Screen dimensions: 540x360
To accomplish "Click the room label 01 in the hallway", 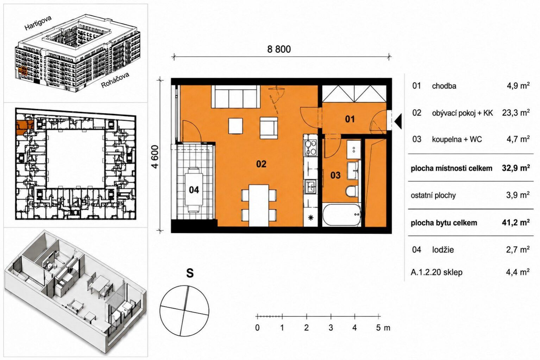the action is tap(350, 119).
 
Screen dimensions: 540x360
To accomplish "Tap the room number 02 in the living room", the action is tap(261, 164).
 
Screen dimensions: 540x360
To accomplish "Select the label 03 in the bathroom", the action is tap(335, 175).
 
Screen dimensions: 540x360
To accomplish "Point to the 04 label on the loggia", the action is tap(194, 190).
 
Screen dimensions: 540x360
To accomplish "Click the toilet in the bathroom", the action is tap(352, 191).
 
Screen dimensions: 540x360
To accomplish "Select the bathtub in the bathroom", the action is tap(341, 215).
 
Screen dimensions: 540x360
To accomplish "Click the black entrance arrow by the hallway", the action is tap(398, 122).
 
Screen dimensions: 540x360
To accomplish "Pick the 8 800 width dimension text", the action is tap(279, 49).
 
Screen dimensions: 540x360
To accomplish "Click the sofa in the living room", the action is tap(236, 96).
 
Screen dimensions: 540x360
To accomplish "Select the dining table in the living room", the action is tap(259, 206).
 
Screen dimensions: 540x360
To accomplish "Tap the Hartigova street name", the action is tap(38, 23).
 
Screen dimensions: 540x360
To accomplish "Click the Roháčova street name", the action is tap(115, 80).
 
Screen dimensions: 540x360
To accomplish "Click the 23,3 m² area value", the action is tap(516, 113).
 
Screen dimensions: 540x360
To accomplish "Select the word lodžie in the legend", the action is tap(443, 250).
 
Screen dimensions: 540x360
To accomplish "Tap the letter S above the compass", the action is tap(190, 273).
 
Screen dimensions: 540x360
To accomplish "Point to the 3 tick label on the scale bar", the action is tap(331, 328).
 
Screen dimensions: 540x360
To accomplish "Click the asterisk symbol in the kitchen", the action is tap(311, 218).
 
